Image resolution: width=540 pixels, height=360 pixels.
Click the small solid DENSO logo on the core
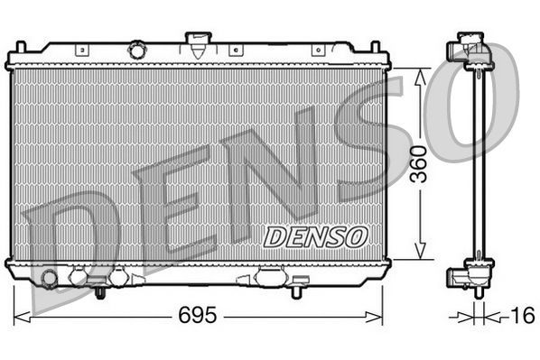tap(315, 235)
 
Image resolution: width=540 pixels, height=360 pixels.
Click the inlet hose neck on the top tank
tap(195, 42)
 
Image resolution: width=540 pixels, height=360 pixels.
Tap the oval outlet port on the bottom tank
tap(270, 277)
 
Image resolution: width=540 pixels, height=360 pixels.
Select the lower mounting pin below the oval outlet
tap(296, 291)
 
